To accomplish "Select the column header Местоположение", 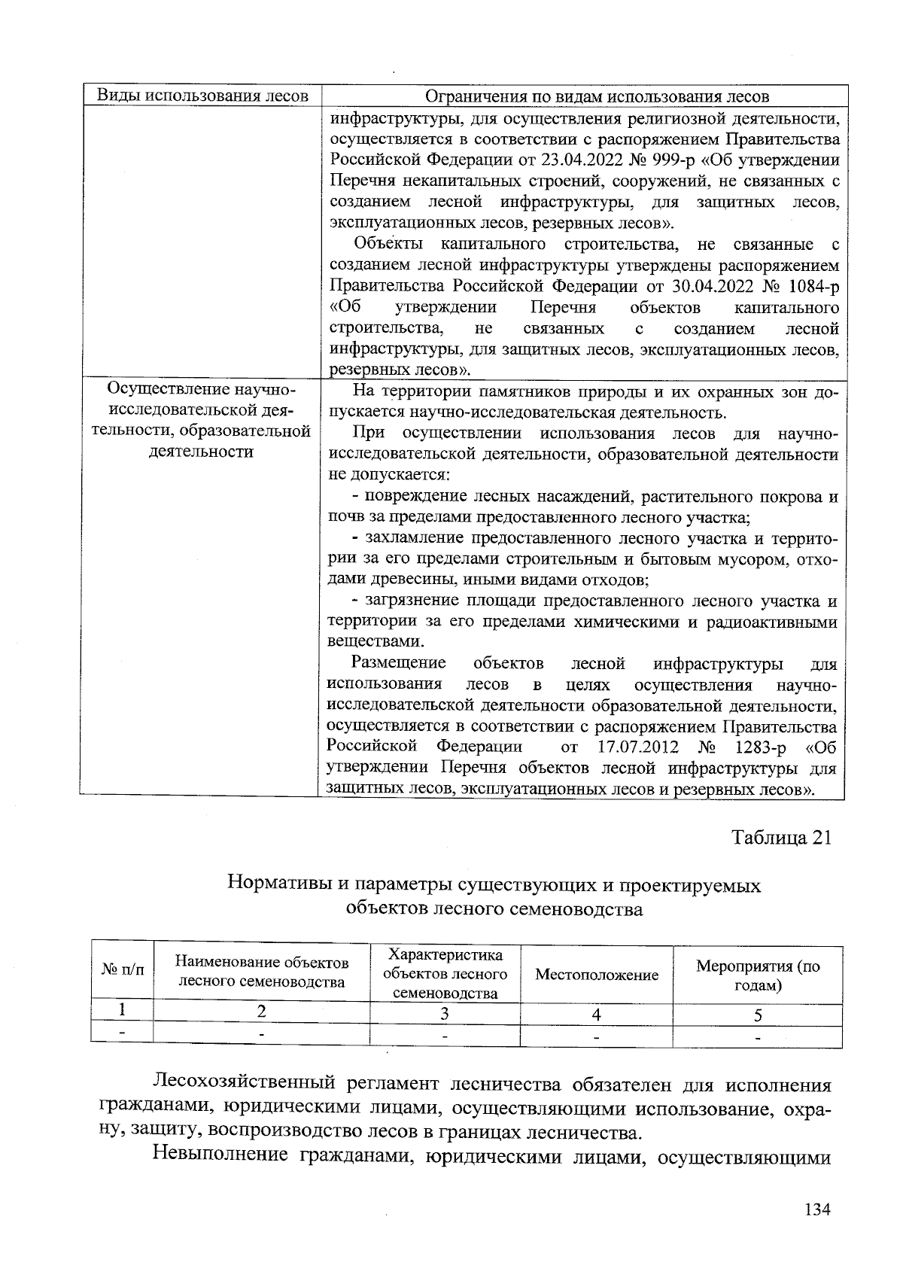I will pyautogui.click(x=596, y=975).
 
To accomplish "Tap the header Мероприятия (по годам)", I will pyautogui.click(x=758, y=975).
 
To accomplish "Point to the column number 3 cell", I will pyautogui.click(x=445, y=1014).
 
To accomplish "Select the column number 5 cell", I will pyautogui.click(x=758, y=1015).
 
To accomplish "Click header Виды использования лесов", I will pyautogui.click(x=203, y=96).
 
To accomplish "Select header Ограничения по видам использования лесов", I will pyautogui.click(x=597, y=96).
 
